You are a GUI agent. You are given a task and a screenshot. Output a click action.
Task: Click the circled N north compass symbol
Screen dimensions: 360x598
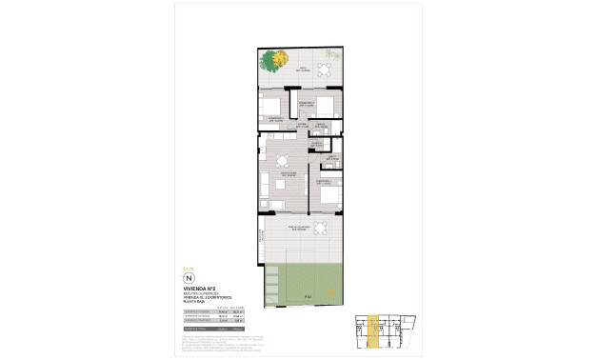click(188, 279)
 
